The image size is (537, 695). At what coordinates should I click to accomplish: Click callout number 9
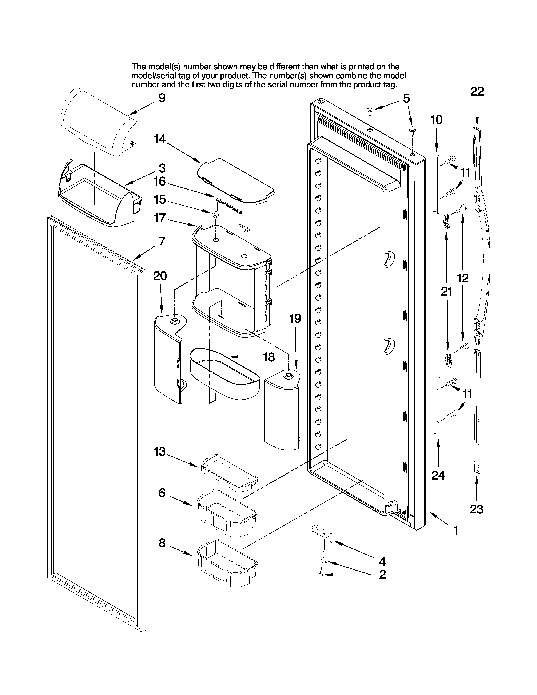162,98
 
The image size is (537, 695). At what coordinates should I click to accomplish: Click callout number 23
477,509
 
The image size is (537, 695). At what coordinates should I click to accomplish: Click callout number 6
162,493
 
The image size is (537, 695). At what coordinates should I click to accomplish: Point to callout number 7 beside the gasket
162,241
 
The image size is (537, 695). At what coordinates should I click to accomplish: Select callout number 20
160,276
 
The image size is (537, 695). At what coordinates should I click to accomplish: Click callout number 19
295,318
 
